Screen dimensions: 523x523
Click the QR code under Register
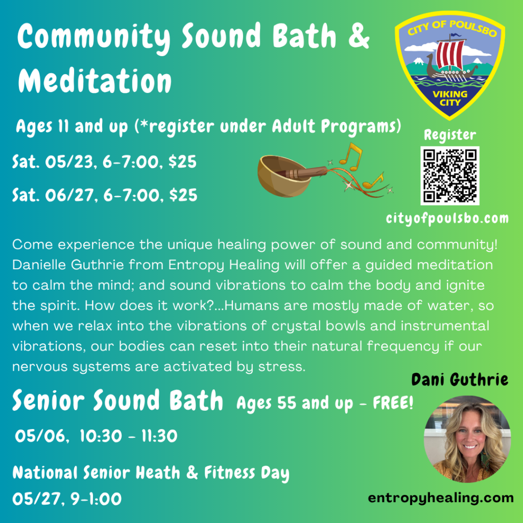click(x=449, y=176)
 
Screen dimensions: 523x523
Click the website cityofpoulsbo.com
click(x=447, y=219)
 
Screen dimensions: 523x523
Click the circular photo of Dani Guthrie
click(x=467, y=439)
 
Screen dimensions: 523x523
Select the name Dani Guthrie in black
click(x=460, y=379)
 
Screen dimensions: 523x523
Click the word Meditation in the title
click(x=94, y=81)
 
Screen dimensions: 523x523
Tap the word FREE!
click(x=393, y=403)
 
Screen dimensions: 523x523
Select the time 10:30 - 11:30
click(x=128, y=436)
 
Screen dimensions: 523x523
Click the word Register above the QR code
click(x=449, y=135)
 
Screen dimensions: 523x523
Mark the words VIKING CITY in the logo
click(x=450, y=98)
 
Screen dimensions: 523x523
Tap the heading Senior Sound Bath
click(x=117, y=400)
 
